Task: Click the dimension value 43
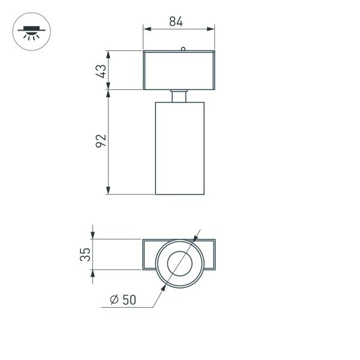pyautogui.click(x=101, y=71)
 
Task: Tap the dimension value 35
pyautogui.click(x=86, y=254)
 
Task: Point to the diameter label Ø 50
pyautogui.click(x=123, y=301)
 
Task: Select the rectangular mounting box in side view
pyautogui.click(x=179, y=71)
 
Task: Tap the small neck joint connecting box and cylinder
pyautogui.click(x=179, y=96)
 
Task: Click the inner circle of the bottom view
pyautogui.click(x=179, y=263)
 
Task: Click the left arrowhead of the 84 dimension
pyautogui.click(x=146, y=28)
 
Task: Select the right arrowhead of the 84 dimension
pyautogui.click(x=212, y=28)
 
